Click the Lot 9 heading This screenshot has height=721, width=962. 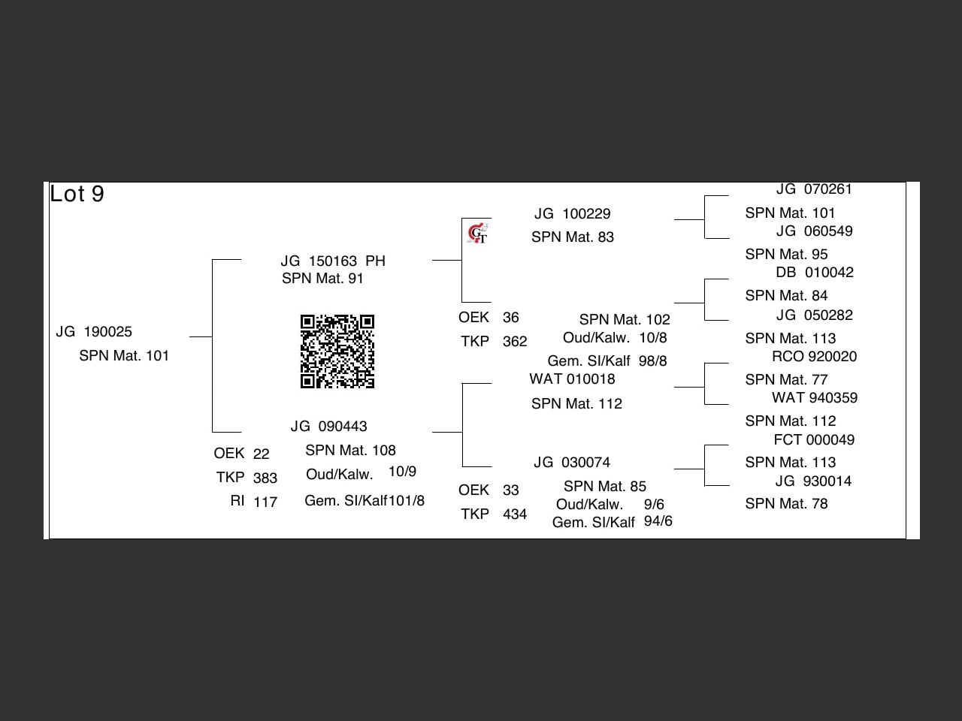[77, 194]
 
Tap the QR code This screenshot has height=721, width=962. [337, 351]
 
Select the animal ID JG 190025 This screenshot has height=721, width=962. [94, 332]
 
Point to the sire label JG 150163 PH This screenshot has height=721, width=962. [333, 261]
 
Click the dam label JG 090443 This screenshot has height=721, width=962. [329, 427]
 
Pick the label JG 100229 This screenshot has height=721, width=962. [573, 214]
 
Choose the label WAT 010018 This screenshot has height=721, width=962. [572, 379]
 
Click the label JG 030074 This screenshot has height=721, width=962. [572, 463]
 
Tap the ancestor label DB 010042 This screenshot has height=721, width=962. [815, 273]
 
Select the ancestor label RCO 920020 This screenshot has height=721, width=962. [814, 357]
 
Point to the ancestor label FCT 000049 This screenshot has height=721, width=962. [814, 440]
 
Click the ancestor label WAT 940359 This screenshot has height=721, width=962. [815, 398]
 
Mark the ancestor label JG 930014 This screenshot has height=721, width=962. [814, 481]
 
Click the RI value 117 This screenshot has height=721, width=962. [265, 502]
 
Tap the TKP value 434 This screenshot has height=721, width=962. [515, 514]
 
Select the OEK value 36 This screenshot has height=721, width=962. [511, 318]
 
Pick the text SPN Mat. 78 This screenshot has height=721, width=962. [786, 504]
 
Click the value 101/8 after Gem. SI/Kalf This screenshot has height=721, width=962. [407, 501]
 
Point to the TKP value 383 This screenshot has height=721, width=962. [265, 478]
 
